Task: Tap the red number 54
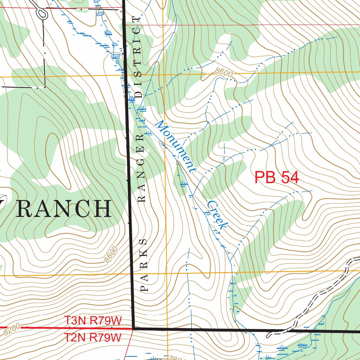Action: (288, 178)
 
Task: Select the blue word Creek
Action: (216, 215)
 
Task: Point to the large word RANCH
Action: (64, 209)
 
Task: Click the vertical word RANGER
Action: (142, 169)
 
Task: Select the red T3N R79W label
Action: (93, 321)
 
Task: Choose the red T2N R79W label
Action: (93, 337)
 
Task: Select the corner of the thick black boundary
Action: (133, 328)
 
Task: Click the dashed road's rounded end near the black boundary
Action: (269, 334)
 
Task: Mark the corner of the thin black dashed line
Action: (45, 87)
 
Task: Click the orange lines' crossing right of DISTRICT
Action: (164, 75)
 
